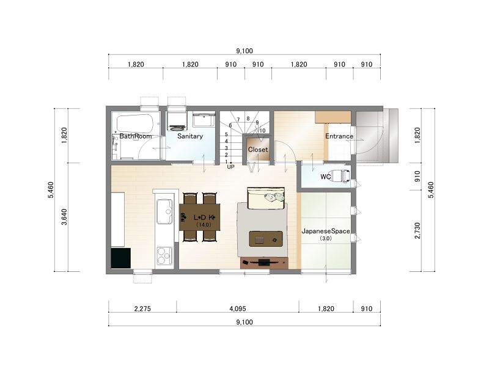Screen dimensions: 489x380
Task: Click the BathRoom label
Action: [135, 136]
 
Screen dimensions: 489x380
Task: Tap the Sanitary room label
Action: [190, 136]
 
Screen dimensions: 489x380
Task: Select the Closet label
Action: [258, 150]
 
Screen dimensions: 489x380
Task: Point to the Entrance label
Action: [339, 136]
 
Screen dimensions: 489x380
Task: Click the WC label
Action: [326, 177]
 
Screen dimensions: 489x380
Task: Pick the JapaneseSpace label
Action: [326, 231]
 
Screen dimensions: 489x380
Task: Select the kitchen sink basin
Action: [164, 211]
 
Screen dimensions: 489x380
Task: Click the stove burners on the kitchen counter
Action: [164, 255]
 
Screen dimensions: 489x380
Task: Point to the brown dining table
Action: [200, 217]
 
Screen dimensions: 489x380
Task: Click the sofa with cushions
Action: [266, 199]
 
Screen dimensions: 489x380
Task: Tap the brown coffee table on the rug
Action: [266, 239]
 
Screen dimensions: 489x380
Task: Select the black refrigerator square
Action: [121, 258]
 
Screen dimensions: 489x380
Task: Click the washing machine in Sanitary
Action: [177, 119]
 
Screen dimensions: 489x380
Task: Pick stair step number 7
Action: [238, 120]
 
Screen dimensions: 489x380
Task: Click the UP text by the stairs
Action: [231, 167]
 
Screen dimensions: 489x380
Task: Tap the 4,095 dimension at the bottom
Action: [238, 309]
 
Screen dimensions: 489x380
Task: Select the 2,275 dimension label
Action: [142, 309]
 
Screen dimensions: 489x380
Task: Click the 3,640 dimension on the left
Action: [64, 217]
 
